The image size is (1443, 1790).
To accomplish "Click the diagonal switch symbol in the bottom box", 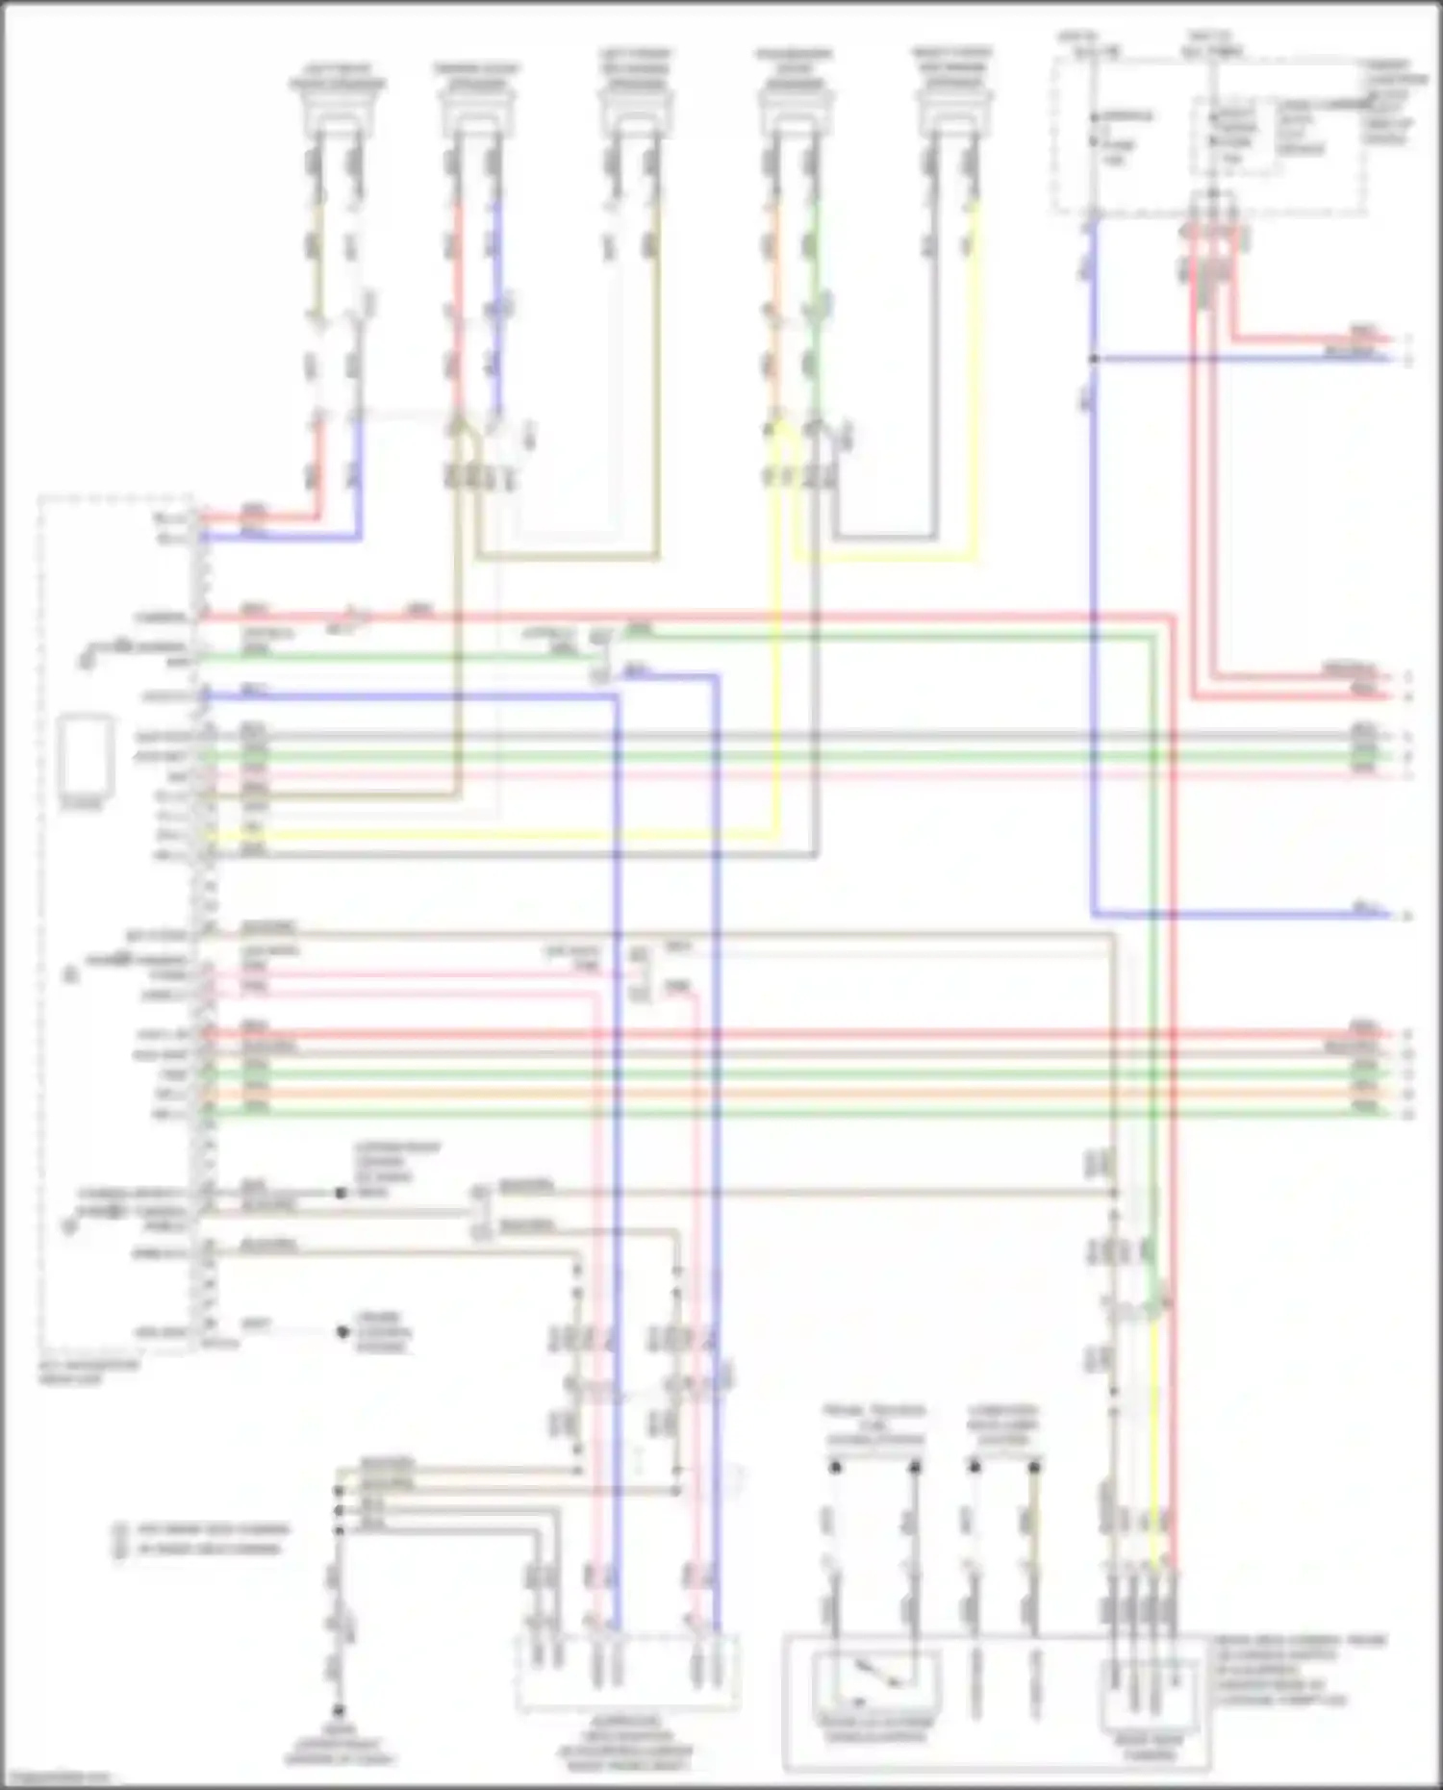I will point(874,1674).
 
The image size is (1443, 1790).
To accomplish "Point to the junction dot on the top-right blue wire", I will point(1094,359).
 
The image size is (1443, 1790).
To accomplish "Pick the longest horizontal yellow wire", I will point(491,835).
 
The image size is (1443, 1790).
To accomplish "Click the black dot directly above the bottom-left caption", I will point(339,1711).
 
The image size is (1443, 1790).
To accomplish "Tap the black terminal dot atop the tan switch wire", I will point(1034,1467).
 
